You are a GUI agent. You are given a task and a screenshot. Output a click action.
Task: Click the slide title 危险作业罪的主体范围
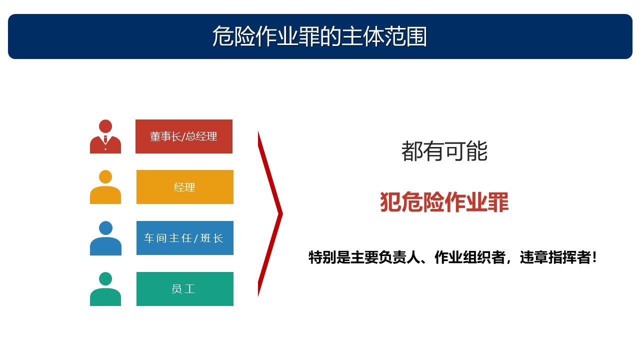pyautogui.click(x=319, y=36)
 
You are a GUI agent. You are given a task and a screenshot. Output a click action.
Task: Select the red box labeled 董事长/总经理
pyautogui.click(x=183, y=136)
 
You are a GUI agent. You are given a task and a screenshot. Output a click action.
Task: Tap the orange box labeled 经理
pyautogui.click(x=185, y=187)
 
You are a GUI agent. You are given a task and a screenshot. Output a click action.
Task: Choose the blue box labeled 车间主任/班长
pyautogui.click(x=185, y=237)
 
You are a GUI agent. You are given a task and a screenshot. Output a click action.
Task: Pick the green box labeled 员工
pyautogui.click(x=185, y=289)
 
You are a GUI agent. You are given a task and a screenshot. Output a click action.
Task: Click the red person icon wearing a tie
pyautogui.click(x=105, y=136)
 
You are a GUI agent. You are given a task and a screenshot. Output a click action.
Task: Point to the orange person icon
pyautogui.click(x=105, y=187)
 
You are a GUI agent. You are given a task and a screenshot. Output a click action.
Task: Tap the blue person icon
pyautogui.click(x=105, y=238)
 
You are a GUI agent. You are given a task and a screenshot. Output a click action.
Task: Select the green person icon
pyautogui.click(x=105, y=289)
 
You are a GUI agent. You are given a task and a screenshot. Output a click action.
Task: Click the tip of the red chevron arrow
pyautogui.click(x=282, y=213)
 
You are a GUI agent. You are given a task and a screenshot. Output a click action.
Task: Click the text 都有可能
pyautogui.click(x=444, y=151)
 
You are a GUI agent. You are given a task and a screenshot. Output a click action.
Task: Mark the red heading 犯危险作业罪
pyautogui.click(x=444, y=202)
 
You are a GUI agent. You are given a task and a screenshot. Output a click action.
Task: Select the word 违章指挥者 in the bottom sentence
pyautogui.click(x=555, y=257)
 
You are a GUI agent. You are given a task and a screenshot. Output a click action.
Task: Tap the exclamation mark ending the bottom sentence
pyautogui.click(x=594, y=257)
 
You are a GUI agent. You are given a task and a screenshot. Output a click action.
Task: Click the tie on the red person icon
pyautogui.click(x=105, y=139)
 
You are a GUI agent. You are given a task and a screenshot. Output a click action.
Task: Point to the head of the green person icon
pyautogui.click(x=105, y=278)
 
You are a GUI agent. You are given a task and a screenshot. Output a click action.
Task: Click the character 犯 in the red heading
pyautogui.click(x=390, y=202)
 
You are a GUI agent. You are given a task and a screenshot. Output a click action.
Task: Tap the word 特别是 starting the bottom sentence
pyautogui.click(x=329, y=257)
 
